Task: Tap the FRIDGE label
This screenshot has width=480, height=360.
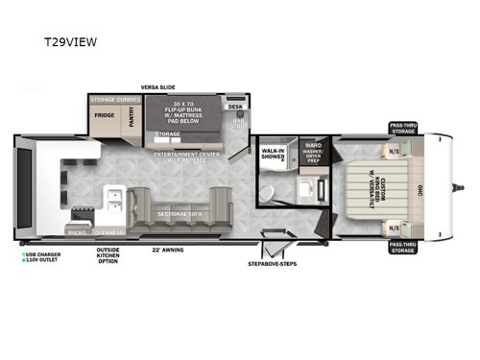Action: click(x=103, y=115)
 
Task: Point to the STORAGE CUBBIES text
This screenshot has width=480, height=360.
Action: click(x=115, y=98)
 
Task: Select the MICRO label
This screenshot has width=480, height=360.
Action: click(x=76, y=232)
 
